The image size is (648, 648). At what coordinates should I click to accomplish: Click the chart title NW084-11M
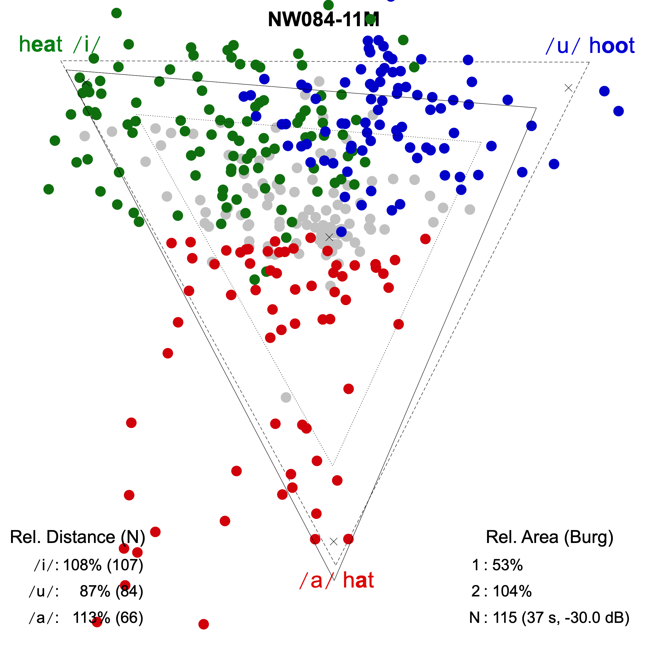coord(323,19)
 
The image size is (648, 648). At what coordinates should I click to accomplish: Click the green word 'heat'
coord(41,44)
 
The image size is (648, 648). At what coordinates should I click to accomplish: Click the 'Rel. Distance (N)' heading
coord(77,537)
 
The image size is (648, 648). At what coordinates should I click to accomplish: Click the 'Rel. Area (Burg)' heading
coord(549,537)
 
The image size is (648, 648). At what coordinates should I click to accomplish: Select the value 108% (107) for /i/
coord(103,565)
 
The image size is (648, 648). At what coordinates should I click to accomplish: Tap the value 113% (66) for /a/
coord(108,617)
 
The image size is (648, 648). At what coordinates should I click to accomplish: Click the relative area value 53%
coord(507,565)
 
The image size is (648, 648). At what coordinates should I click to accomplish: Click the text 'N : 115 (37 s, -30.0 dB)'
coord(549,617)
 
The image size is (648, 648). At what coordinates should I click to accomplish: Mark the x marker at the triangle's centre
coord(329,237)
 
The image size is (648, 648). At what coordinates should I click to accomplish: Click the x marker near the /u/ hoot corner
coord(568,88)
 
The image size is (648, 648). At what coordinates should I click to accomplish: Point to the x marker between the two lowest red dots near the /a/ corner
coord(333,541)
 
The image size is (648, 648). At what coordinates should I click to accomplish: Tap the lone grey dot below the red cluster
coord(286,397)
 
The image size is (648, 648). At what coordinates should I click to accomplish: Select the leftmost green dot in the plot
coord(49,189)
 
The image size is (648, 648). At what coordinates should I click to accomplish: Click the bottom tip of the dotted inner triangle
coord(332,465)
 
